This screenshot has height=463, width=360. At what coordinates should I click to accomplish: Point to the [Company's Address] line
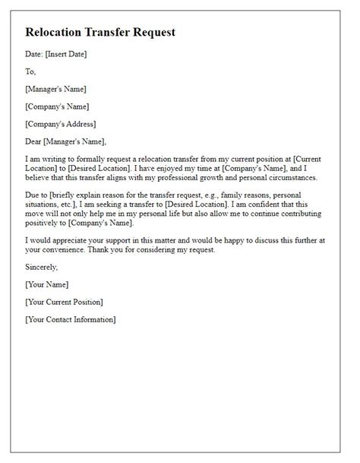61,123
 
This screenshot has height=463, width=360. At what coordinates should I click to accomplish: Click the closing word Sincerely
42,268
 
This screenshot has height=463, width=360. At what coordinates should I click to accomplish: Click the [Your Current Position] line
64,302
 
